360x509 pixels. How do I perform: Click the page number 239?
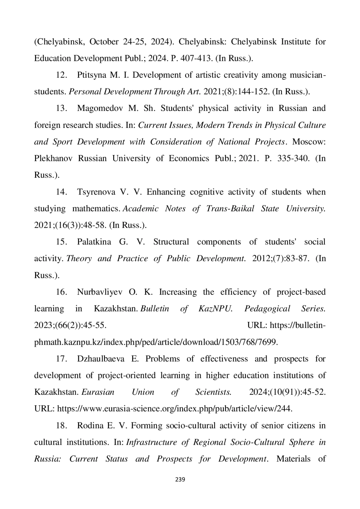pyautogui.click(x=180, y=479)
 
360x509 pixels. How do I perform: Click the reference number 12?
pyautogui.click(x=61, y=75)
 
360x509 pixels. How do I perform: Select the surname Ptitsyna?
pyautogui.click(x=91, y=75)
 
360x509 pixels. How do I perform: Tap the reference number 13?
pyautogui.click(x=61, y=108)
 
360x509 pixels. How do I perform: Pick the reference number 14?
pyautogui.click(x=61, y=192)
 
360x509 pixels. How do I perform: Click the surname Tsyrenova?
pyautogui.click(x=96, y=192)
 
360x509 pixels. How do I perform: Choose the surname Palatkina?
pyautogui.click(x=94, y=242)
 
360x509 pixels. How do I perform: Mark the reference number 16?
pyautogui.click(x=61, y=292)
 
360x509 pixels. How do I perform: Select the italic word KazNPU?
pyautogui.click(x=215, y=309)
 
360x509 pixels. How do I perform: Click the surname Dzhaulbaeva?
pyautogui.click(x=100, y=359)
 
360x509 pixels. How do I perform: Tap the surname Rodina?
pyautogui.click(x=90, y=426)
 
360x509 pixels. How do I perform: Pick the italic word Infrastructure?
pyautogui.click(x=151, y=442)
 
